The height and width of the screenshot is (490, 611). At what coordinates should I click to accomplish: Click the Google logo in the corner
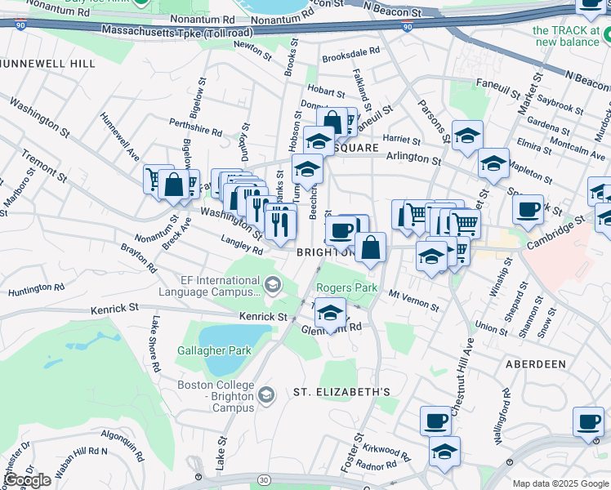point(28,480)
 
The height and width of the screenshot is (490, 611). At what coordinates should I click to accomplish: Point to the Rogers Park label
point(346,287)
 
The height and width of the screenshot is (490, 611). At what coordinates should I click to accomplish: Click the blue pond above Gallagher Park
point(234,336)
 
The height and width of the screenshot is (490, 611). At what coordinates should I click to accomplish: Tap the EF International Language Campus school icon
point(273,285)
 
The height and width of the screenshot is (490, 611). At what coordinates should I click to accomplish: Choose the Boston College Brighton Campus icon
point(265,396)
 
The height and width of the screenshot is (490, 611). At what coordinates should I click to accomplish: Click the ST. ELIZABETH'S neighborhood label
point(341,392)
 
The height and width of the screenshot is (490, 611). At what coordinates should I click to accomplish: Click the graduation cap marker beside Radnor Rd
point(444,449)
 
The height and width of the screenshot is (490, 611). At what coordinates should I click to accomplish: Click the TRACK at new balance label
point(566,36)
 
